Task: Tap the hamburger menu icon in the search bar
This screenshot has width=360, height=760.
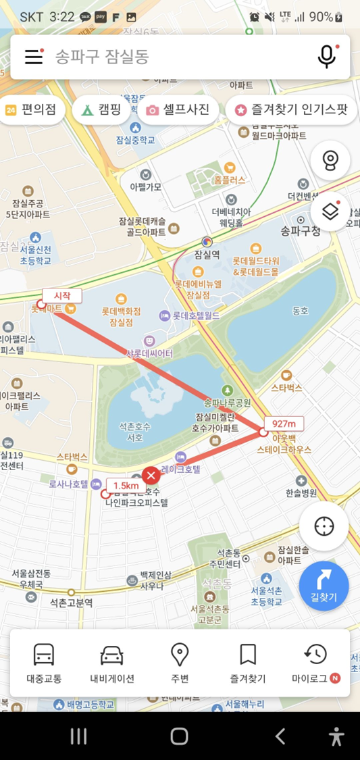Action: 34,57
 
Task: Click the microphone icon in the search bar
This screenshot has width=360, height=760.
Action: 327,57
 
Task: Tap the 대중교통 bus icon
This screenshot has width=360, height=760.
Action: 44,655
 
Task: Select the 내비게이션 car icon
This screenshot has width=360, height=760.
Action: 112,655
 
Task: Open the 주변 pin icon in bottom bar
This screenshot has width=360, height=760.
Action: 180,655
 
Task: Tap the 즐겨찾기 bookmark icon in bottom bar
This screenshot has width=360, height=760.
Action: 248,655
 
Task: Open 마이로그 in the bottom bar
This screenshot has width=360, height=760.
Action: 315,655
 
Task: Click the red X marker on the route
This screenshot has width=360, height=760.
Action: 151,475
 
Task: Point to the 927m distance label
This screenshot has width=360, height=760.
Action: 284,424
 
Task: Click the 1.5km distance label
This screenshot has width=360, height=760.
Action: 126,486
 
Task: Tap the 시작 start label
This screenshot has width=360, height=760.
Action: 62,295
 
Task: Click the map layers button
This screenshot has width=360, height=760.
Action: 330,212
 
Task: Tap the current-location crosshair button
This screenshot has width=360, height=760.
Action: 324,526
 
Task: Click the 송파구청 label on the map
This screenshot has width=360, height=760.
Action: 301,231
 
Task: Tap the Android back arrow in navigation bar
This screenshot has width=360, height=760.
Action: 280,736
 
